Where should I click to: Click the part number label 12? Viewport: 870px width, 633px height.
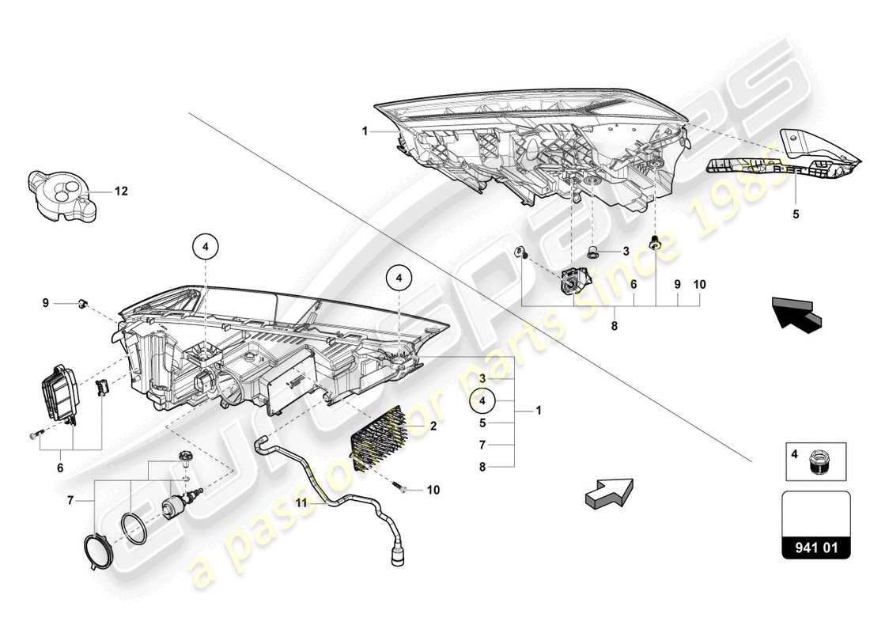pyautogui.click(x=121, y=191)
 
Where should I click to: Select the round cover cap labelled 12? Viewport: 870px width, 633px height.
pyautogui.click(x=62, y=194)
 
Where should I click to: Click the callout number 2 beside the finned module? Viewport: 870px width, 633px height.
pyautogui.click(x=433, y=425)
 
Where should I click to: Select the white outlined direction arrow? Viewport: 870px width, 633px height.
pyautogui.click(x=608, y=491)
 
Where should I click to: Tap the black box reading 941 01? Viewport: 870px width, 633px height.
pyautogui.click(x=815, y=546)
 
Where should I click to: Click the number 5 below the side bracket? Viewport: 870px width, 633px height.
pyautogui.click(x=796, y=214)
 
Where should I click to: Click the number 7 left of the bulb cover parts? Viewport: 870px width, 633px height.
pyautogui.click(x=70, y=501)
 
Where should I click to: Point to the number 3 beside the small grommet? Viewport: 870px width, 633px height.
pyautogui.click(x=625, y=252)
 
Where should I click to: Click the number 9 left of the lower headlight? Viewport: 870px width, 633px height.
pyautogui.click(x=46, y=302)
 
